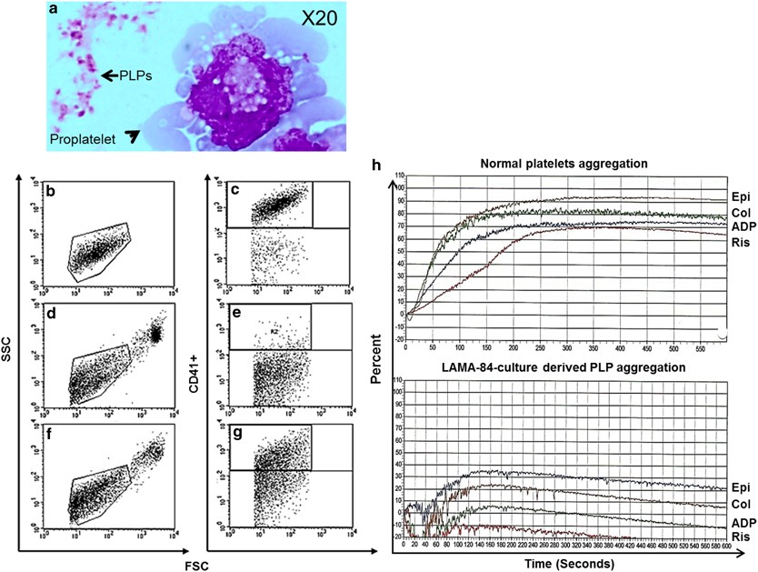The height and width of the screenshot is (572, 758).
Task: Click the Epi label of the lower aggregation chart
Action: (x=738, y=487)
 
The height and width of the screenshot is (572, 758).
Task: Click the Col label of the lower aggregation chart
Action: (x=738, y=504)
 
